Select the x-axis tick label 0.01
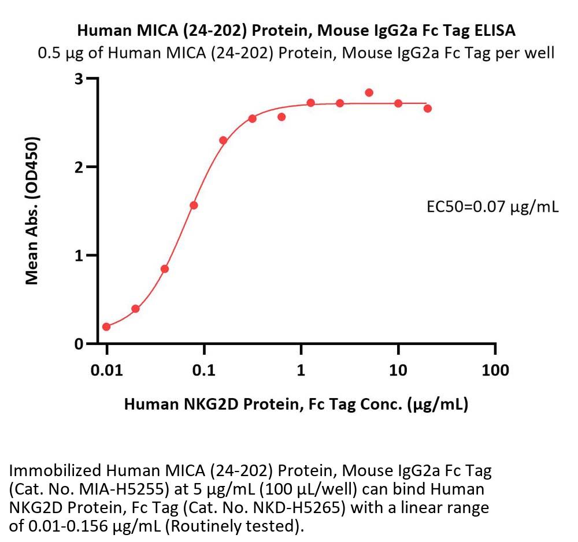(x=107, y=370)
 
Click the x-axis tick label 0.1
(x=204, y=370)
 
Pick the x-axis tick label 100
(x=495, y=370)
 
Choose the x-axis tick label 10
(x=398, y=370)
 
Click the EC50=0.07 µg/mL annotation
(x=492, y=206)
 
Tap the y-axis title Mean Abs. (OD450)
(x=33, y=211)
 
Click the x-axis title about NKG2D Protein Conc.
(x=296, y=404)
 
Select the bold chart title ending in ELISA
(x=296, y=29)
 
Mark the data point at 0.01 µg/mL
(x=106, y=327)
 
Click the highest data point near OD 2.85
(x=369, y=92)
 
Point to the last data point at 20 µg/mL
(x=428, y=108)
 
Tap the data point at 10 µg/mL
(x=398, y=103)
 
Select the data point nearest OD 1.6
(x=194, y=205)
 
